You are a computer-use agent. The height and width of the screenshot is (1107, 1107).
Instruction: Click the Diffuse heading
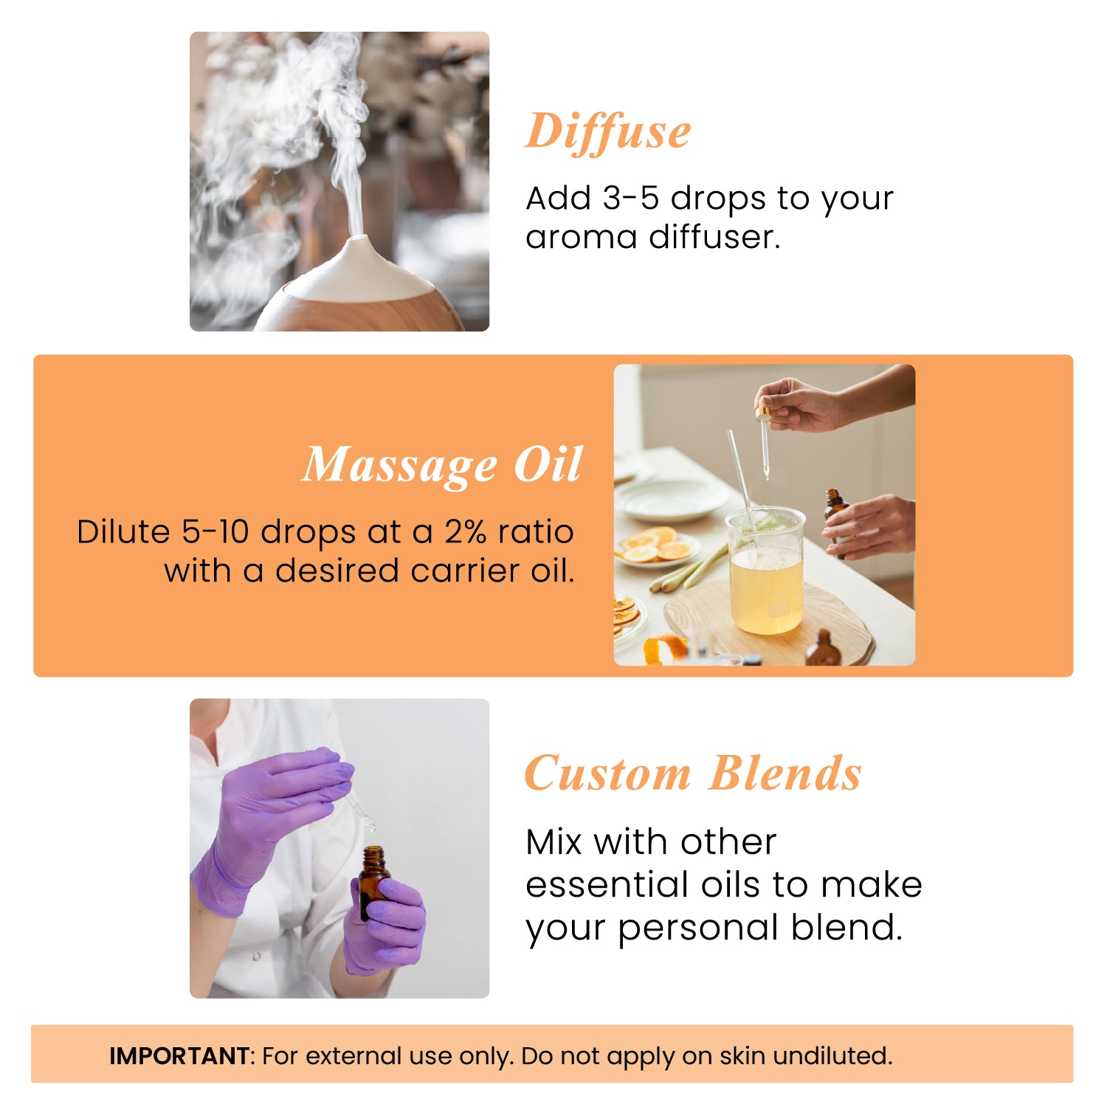pos(607,133)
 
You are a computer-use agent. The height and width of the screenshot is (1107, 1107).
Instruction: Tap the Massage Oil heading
pos(442,465)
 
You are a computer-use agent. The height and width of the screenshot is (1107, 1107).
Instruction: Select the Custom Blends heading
pos(692,773)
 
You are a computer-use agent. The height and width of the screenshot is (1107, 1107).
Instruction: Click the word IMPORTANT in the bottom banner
pos(179,1056)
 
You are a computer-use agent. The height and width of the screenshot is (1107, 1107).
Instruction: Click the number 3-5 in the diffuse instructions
pos(630,199)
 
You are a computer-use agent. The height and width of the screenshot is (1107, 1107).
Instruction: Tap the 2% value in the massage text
pos(465,532)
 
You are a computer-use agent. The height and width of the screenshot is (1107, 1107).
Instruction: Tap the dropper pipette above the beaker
pos(765,443)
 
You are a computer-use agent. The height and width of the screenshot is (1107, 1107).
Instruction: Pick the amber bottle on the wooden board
pos(823,649)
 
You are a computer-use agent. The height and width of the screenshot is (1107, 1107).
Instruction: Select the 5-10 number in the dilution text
pos(216,532)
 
